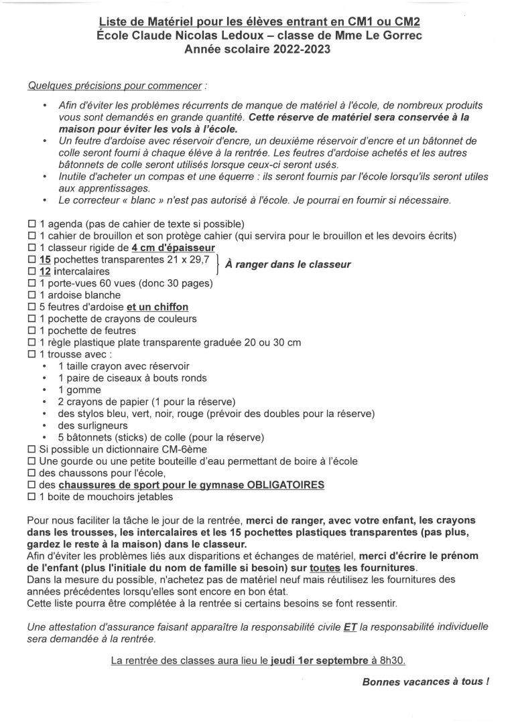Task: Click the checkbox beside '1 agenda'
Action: (x=31, y=223)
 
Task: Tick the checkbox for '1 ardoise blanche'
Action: (x=31, y=295)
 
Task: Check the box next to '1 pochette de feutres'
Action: (x=31, y=331)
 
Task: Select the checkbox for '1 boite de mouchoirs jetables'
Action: (x=31, y=497)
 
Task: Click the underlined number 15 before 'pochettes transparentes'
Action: (x=46, y=259)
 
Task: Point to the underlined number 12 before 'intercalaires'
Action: (x=46, y=271)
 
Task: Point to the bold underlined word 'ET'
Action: (x=350, y=627)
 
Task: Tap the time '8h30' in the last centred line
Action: (x=391, y=660)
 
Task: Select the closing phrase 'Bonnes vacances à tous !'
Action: (x=425, y=682)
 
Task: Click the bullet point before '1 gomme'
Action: (x=44, y=390)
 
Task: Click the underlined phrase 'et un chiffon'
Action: (x=157, y=307)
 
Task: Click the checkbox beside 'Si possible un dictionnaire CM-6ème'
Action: (x=31, y=449)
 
